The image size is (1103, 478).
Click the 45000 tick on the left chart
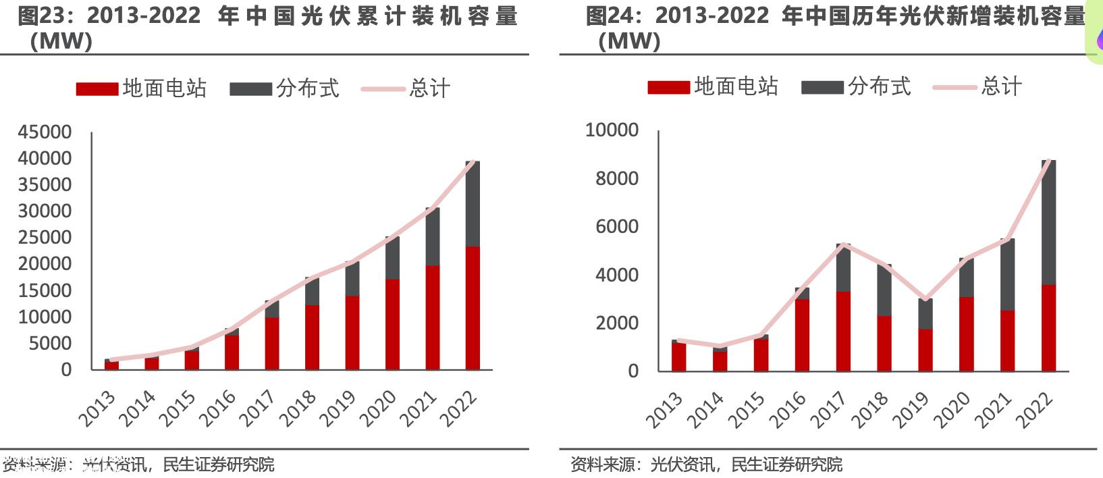tap(45, 132)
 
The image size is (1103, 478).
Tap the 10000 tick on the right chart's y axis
tap(612, 130)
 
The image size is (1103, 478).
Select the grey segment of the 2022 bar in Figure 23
tap(473, 203)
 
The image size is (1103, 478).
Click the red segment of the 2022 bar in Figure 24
tap(1048, 327)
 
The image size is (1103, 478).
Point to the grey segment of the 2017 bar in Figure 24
tap(843, 267)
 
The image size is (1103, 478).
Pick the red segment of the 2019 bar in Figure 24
tap(925, 350)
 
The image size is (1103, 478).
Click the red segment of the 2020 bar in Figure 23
tap(392, 324)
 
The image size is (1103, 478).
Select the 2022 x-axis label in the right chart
tap(1035, 409)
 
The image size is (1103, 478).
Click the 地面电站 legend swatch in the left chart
tap(97, 89)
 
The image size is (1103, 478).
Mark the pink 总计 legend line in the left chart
tap(383, 89)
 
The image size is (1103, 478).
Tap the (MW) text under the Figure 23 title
tap(61, 41)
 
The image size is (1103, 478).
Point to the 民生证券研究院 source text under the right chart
tap(786, 464)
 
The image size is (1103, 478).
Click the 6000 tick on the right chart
tap(616, 226)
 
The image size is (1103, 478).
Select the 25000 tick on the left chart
tap(45, 237)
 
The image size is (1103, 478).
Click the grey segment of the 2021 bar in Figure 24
tap(1007, 273)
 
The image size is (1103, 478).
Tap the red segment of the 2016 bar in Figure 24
tap(802, 334)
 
